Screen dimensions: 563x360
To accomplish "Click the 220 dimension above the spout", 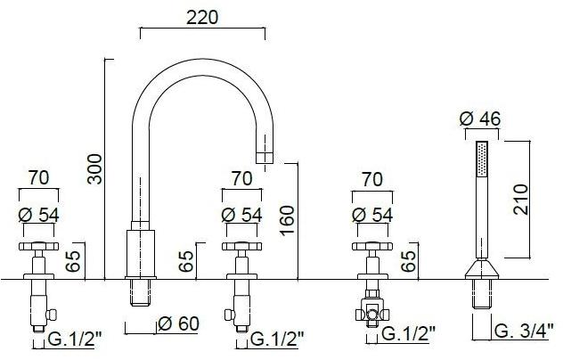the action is click(x=202, y=17).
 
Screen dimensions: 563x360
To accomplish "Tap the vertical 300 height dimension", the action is click(x=95, y=169).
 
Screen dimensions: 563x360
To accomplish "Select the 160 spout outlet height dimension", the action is click(x=287, y=221).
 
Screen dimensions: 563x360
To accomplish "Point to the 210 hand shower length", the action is click(x=520, y=200).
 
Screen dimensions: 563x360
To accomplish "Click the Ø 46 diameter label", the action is click(x=480, y=119).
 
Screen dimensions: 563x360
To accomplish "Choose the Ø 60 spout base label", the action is click(x=178, y=323).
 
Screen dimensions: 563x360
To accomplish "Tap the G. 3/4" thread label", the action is click(x=521, y=331).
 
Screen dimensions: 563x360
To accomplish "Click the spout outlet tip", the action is click(x=265, y=158).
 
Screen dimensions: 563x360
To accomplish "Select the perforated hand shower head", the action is click(x=482, y=159).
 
